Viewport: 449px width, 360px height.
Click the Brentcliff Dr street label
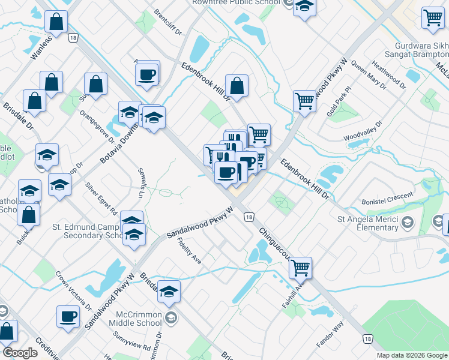point(167,22)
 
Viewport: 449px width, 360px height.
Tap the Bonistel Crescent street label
point(387,199)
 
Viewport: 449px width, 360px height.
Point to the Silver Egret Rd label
point(101,199)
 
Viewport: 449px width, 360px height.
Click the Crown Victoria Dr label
point(74,290)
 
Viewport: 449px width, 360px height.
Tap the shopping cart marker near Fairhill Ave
point(300,268)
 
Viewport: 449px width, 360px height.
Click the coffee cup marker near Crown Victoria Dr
point(68,316)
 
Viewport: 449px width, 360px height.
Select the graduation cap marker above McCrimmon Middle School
point(169,291)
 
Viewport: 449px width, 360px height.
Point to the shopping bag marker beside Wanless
point(56,22)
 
